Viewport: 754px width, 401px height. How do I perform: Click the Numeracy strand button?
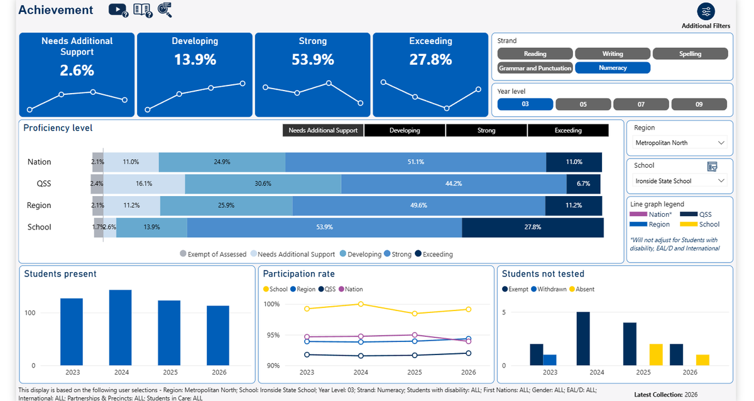tap(612, 68)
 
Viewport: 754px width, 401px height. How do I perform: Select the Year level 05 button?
tap(583, 104)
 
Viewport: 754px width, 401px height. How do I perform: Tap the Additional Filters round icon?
tap(706, 11)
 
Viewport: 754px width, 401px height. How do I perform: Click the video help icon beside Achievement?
tap(118, 10)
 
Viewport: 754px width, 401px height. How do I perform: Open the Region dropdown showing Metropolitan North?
tap(680, 143)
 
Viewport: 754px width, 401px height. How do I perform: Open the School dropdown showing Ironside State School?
tap(680, 181)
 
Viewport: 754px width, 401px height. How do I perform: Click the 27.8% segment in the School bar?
tap(533, 228)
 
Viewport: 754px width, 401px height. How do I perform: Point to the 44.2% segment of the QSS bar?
tap(454, 184)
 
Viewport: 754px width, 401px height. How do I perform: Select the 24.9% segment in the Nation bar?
tap(222, 162)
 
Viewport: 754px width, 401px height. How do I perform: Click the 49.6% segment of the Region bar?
tap(418, 206)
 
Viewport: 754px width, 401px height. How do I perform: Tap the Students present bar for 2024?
tap(121, 327)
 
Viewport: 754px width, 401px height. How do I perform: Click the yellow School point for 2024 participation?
tap(361, 304)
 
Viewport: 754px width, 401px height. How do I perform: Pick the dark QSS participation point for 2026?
tap(468, 353)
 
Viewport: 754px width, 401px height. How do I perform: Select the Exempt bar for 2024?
tap(583, 339)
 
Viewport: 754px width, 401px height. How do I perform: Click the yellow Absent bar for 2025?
tap(656, 354)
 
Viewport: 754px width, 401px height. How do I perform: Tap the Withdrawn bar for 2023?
tap(550, 360)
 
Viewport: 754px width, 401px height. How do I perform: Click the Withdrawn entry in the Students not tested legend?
tap(549, 289)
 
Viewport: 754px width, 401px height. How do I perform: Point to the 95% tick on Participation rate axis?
tap(273, 335)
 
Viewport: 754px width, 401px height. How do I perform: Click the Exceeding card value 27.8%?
tap(430, 60)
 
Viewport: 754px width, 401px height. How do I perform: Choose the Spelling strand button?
tap(690, 53)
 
